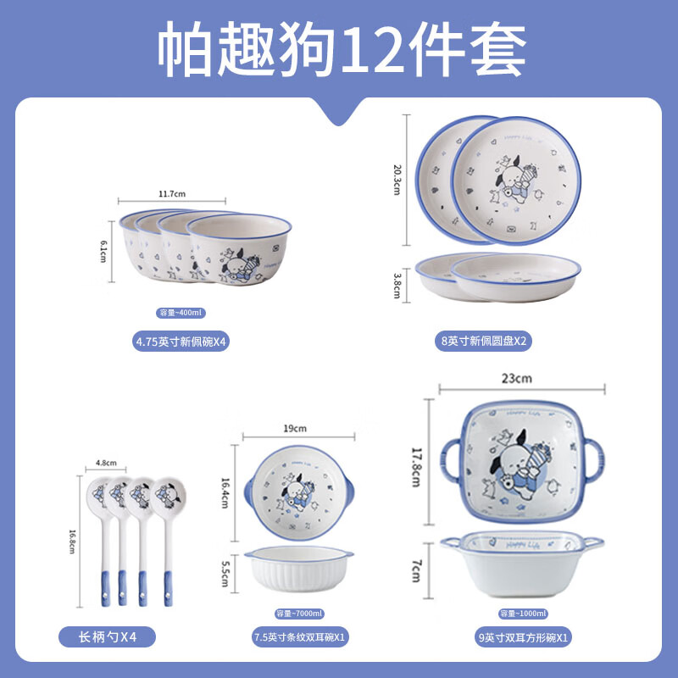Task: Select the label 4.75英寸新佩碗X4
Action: pos(182,342)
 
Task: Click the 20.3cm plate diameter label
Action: pos(396,179)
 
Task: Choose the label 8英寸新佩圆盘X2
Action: pos(491,342)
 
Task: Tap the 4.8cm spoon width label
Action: pos(106,463)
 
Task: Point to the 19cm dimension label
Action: pos(294,429)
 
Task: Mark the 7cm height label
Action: pos(415,571)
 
